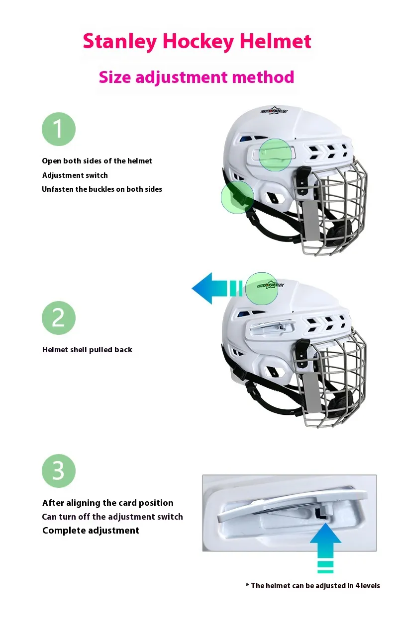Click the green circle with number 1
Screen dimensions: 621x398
tap(58, 129)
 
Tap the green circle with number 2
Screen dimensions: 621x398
tap(58, 317)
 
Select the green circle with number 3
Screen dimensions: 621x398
tap(58, 470)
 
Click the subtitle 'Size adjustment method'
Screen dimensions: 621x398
tap(197, 77)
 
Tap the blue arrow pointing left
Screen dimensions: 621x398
tap(209, 288)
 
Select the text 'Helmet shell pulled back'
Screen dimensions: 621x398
tap(87, 350)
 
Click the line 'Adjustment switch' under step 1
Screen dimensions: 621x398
tap(75, 175)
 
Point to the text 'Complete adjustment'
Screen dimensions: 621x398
tap(91, 531)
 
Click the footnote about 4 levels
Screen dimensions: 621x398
tap(313, 586)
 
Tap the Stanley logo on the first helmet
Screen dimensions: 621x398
tap(274, 111)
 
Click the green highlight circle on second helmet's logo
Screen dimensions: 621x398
tap(262, 288)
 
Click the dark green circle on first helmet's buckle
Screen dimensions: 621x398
tap(237, 197)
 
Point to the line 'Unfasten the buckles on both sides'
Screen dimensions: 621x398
tap(102, 189)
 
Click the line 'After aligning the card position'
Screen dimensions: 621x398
tap(108, 503)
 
